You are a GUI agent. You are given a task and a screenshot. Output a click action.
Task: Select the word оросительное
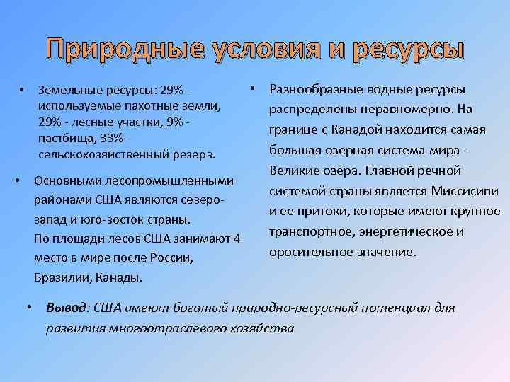coord(310,252)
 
